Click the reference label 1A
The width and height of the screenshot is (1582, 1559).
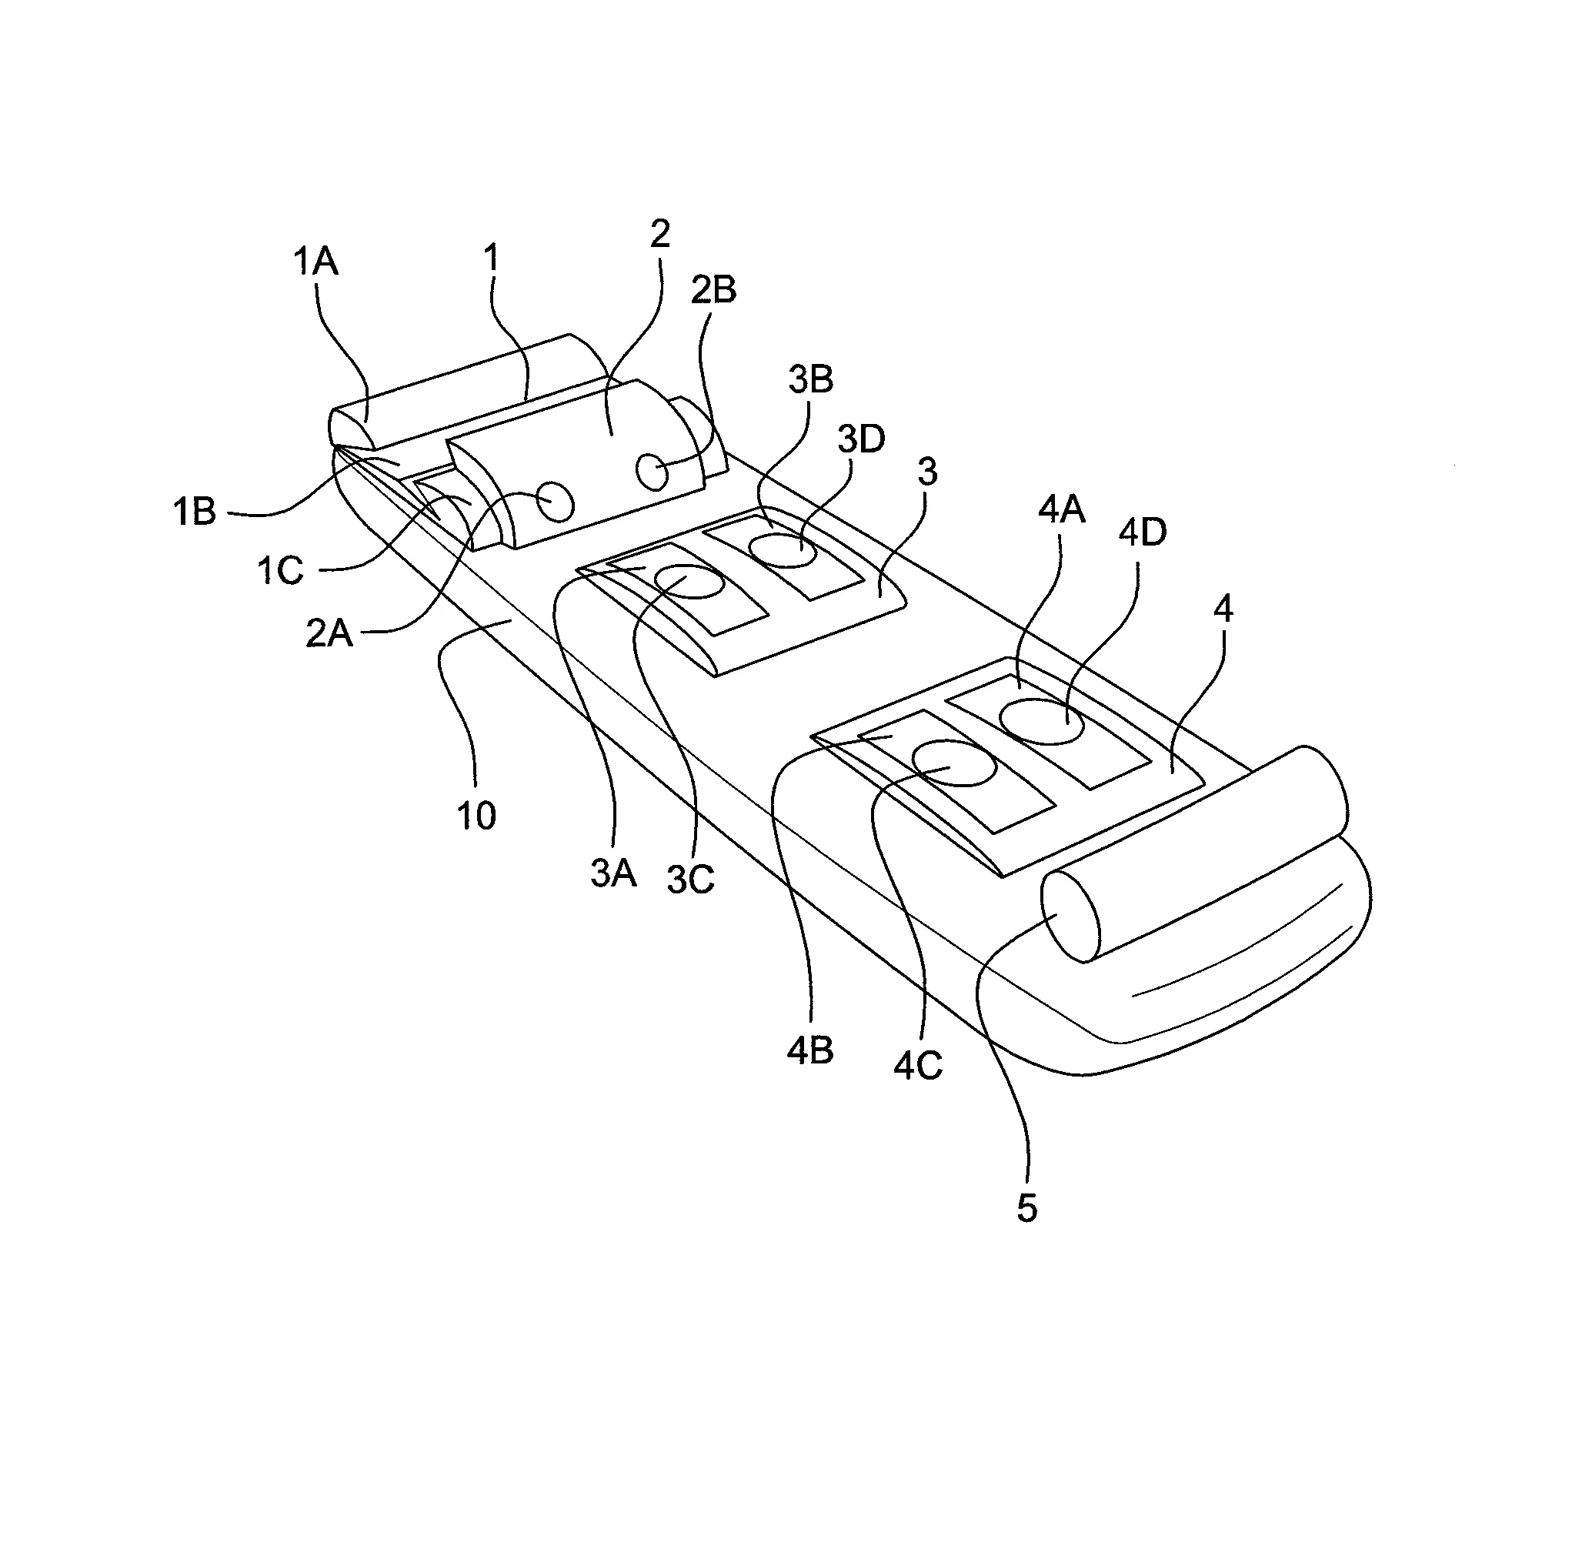tap(315, 263)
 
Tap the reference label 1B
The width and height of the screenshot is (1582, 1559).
tap(194, 512)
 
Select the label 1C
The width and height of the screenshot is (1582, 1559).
tap(280, 570)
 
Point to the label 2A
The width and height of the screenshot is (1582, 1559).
tap(329, 634)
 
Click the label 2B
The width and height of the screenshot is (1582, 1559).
tap(713, 290)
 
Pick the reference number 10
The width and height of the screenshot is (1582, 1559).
tap(476, 816)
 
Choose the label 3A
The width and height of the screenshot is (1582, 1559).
tap(613, 874)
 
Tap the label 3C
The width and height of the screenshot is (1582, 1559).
tap(690, 880)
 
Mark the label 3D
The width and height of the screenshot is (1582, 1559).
tap(860, 439)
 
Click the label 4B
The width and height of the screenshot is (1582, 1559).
tap(809, 1051)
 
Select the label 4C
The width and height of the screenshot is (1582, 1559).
tap(918, 1065)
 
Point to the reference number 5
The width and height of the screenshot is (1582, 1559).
tap(1026, 1209)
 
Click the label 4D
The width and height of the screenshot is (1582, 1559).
tap(1143, 533)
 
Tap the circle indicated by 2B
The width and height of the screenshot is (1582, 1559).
tap(653, 472)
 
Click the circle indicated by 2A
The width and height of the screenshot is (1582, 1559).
tap(554, 501)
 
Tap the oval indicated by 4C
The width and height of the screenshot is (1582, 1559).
tap(954, 763)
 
